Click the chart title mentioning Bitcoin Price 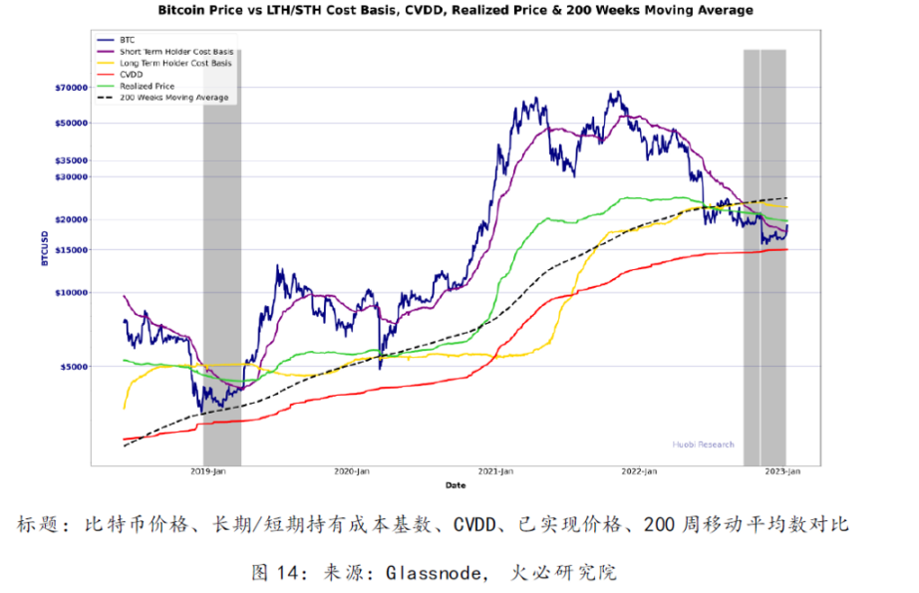click(455, 11)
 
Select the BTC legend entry click(127, 40)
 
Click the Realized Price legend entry click(147, 87)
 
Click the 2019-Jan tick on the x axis click(207, 472)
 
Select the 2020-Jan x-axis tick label click(351, 472)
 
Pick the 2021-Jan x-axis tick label click(495, 472)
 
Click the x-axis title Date click(455, 485)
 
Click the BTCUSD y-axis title click(45, 249)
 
